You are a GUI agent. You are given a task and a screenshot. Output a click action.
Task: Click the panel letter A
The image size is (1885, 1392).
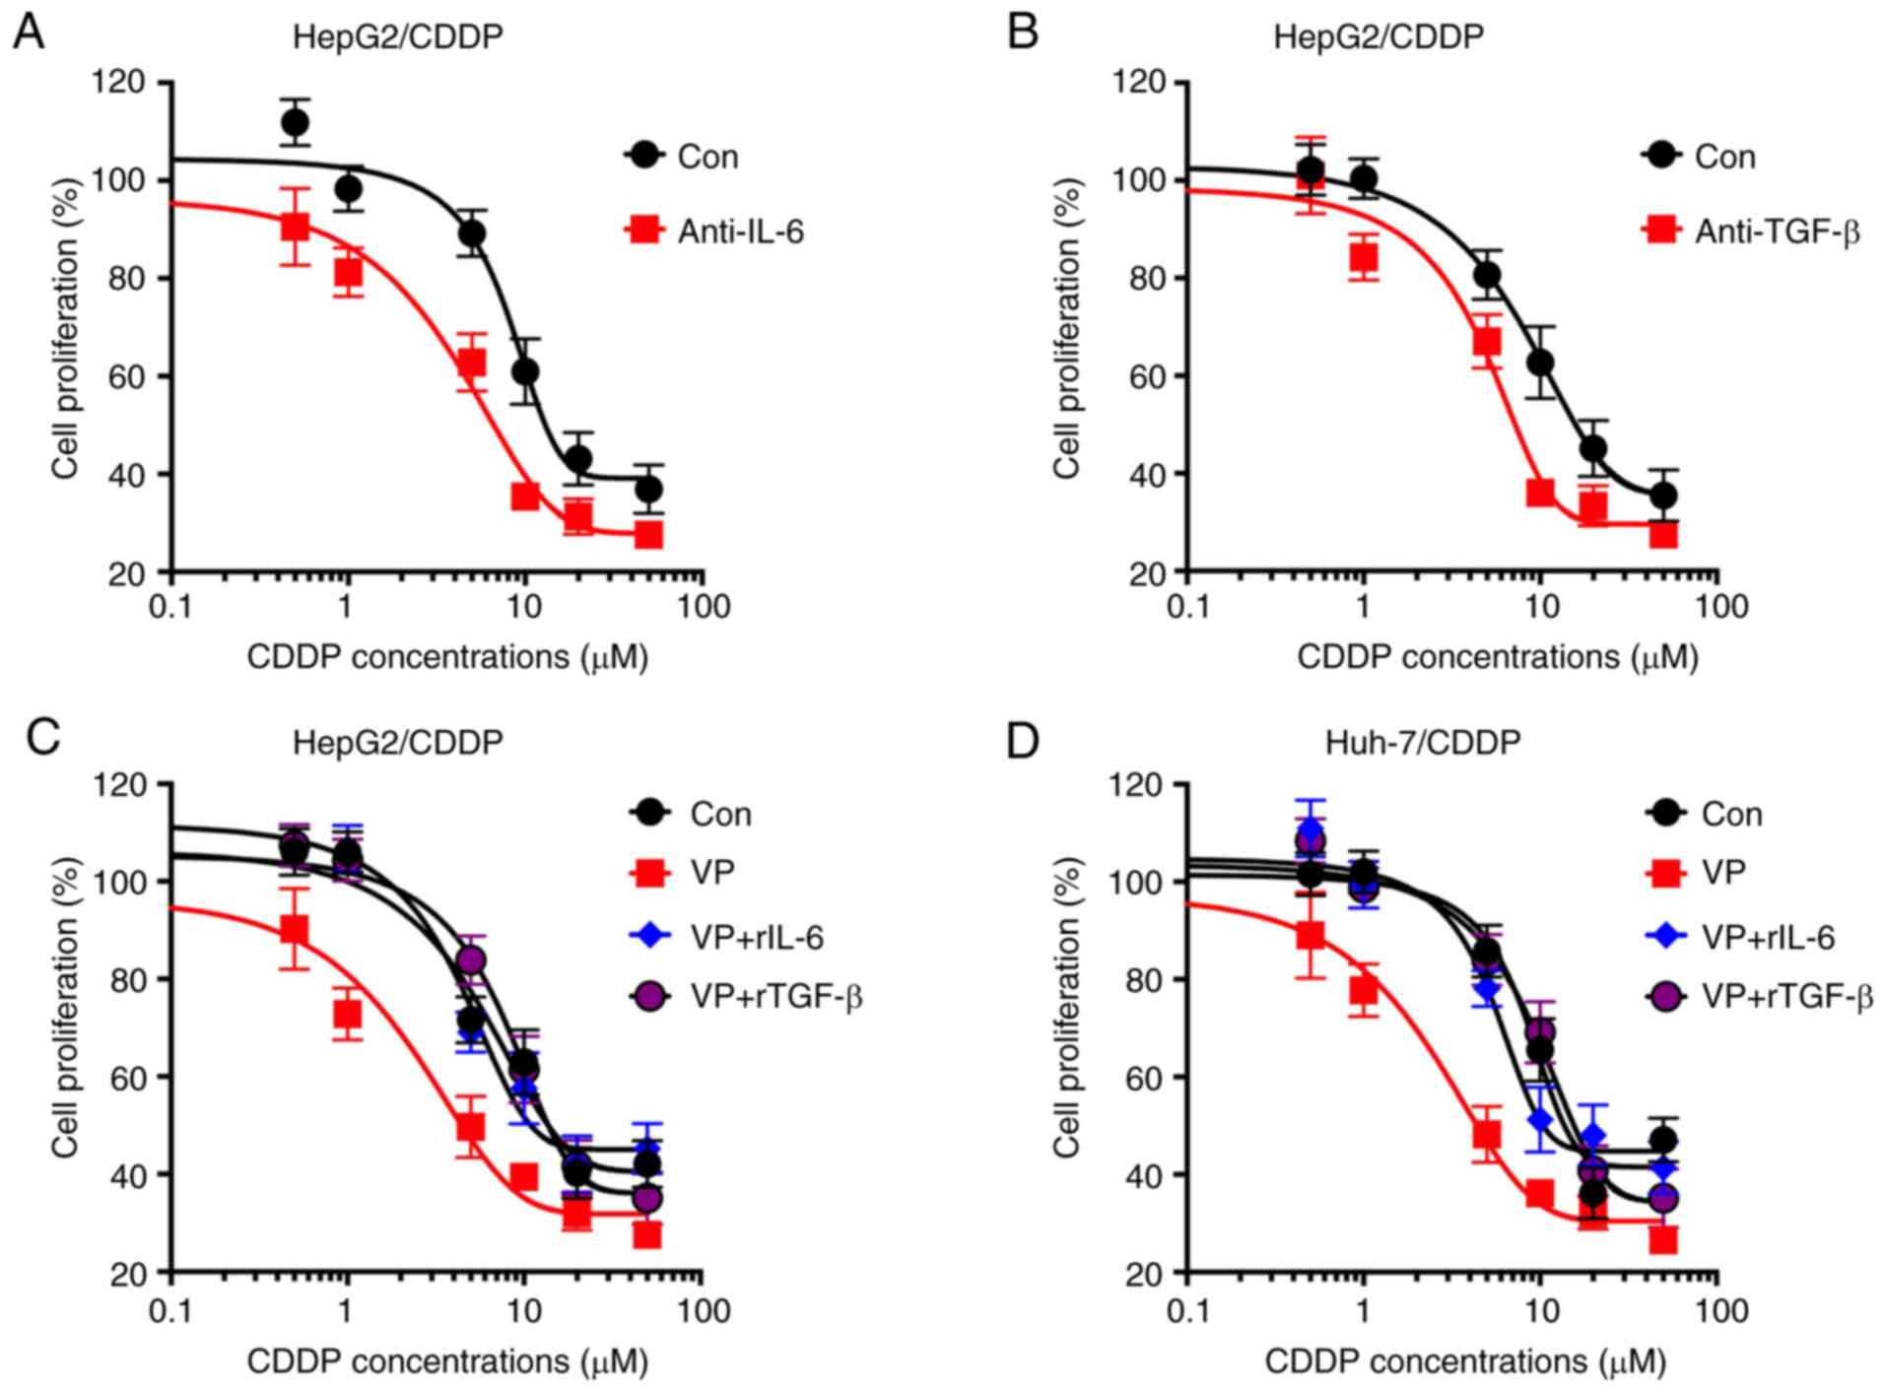28,33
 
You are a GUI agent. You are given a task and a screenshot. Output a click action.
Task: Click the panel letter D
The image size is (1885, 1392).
1023,739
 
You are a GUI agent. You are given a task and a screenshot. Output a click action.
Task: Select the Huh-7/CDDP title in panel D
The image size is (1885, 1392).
1422,742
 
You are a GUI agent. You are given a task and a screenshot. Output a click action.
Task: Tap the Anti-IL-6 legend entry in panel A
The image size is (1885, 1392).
740,232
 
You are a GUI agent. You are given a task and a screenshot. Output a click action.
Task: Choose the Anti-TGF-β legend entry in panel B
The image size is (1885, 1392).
1776,232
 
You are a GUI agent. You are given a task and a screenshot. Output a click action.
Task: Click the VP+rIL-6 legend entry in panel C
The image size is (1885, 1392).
756,937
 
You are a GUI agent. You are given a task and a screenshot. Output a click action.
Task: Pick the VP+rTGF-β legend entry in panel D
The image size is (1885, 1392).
1785,997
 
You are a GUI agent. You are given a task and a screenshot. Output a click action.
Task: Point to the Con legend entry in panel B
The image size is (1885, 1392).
1724,157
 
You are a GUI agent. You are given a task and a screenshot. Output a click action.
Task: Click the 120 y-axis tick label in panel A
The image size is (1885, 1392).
118,82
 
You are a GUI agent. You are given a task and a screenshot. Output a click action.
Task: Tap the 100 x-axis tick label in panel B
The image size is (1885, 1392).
1720,606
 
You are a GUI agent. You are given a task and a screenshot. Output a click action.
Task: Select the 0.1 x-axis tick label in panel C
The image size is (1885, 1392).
169,1311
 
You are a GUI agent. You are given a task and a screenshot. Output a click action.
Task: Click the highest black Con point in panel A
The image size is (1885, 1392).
295,123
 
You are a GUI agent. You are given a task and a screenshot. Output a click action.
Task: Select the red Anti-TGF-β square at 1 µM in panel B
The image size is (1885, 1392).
1363,258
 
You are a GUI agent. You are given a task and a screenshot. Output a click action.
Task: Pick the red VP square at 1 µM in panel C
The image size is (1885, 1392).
347,1014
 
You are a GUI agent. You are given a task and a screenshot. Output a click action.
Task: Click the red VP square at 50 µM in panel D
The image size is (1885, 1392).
1663,1239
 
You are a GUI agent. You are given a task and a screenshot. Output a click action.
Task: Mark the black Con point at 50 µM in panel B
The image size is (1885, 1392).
1663,496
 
